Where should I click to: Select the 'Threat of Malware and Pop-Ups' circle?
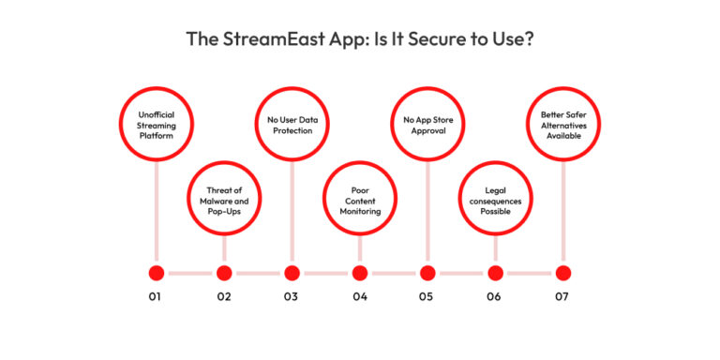coord(224,198)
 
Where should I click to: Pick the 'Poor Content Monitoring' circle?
coord(360,198)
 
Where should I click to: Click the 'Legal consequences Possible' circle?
coord(495,198)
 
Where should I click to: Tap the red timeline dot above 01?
coord(157,273)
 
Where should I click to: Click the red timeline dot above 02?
coord(224,273)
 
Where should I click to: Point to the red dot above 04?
coord(360,273)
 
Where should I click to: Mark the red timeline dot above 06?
coord(495,273)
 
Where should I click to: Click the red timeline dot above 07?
coord(562,273)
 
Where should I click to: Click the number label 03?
coord(292,297)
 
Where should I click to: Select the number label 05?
coord(427,297)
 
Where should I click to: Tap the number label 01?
coord(156,297)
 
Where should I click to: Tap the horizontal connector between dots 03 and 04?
coord(325,273)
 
